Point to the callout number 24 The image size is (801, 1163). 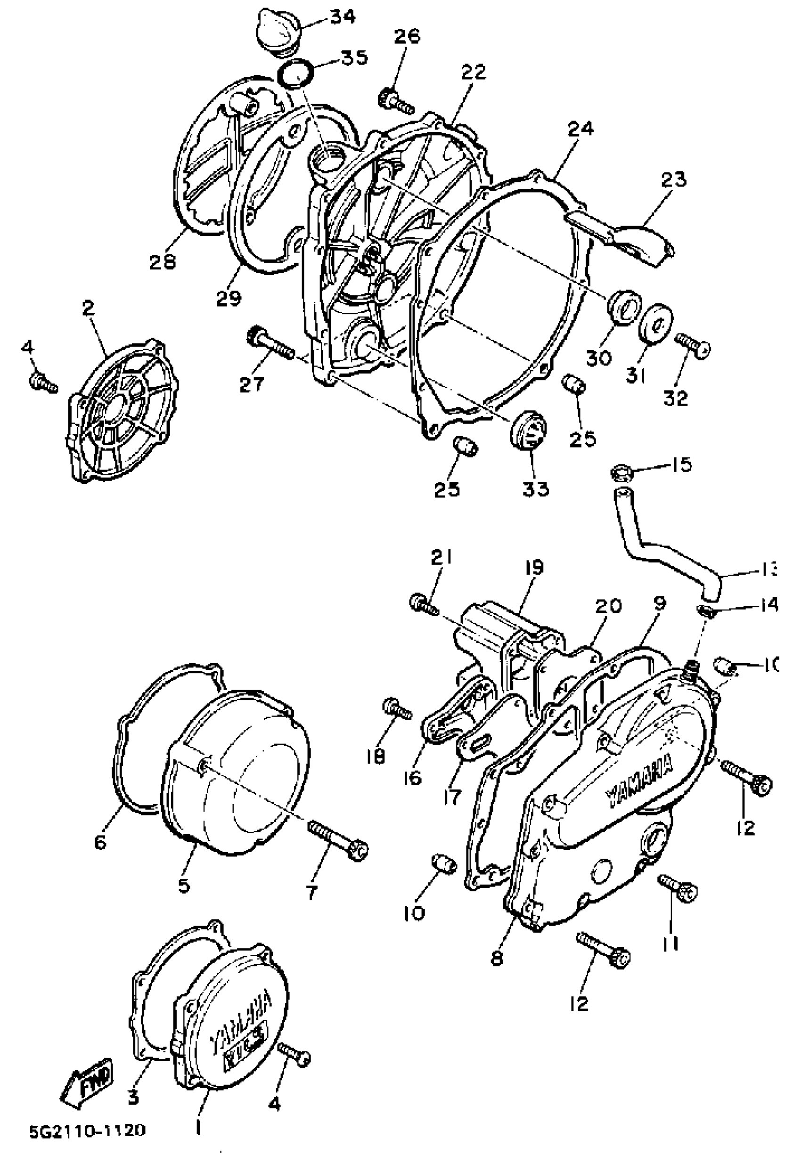tap(581, 129)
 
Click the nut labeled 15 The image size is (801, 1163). tap(621, 472)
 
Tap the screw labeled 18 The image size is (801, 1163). tap(396, 709)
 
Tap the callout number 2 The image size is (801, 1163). tap(88, 309)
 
